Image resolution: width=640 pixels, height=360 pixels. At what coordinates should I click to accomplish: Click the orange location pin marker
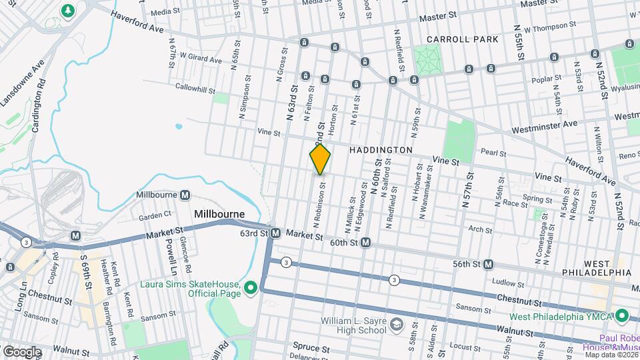click(x=320, y=159)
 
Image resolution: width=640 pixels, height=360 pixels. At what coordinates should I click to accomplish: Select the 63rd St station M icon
click(x=275, y=233)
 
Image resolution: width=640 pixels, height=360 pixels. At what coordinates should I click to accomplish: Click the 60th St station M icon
click(x=365, y=243)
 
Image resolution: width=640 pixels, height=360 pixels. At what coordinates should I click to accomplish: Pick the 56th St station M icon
click(x=488, y=265)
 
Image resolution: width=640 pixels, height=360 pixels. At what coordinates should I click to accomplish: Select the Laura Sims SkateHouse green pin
click(x=251, y=288)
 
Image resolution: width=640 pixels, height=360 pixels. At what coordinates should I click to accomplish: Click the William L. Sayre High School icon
click(x=396, y=325)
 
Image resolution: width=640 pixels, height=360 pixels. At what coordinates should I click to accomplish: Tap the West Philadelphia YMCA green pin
click(x=621, y=315)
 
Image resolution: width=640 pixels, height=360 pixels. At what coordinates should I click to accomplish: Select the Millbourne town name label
click(x=219, y=214)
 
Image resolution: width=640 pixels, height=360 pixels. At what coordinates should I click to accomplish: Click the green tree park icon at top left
click(x=67, y=11)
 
